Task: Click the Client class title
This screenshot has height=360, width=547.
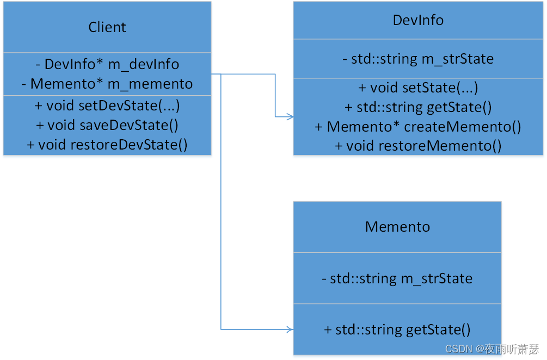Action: click(107, 27)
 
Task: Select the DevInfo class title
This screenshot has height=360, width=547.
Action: click(418, 20)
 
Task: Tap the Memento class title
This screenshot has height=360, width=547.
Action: click(397, 227)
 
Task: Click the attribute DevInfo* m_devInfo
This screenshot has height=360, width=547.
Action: click(107, 64)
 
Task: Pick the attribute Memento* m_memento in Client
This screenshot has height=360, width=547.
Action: click(107, 84)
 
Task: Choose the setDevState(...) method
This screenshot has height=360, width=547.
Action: click(107, 105)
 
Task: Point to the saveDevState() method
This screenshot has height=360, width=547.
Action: click(107, 125)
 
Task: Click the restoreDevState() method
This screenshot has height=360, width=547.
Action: click(107, 145)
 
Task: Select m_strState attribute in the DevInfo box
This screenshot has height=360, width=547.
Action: click(418, 59)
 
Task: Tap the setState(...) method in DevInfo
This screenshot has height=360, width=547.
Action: click(418, 88)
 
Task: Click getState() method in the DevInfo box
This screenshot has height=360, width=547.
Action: click(418, 107)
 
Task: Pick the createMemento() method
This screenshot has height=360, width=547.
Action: click(418, 127)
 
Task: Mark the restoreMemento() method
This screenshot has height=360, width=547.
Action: click(418, 146)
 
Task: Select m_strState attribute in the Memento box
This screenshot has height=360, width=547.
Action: click(397, 278)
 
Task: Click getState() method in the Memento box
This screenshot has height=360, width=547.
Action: click(397, 329)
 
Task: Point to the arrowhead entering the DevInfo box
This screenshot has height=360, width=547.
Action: click(291, 116)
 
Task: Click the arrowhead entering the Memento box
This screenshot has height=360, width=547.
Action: click(291, 329)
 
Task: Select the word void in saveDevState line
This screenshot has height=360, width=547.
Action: click(61, 125)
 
